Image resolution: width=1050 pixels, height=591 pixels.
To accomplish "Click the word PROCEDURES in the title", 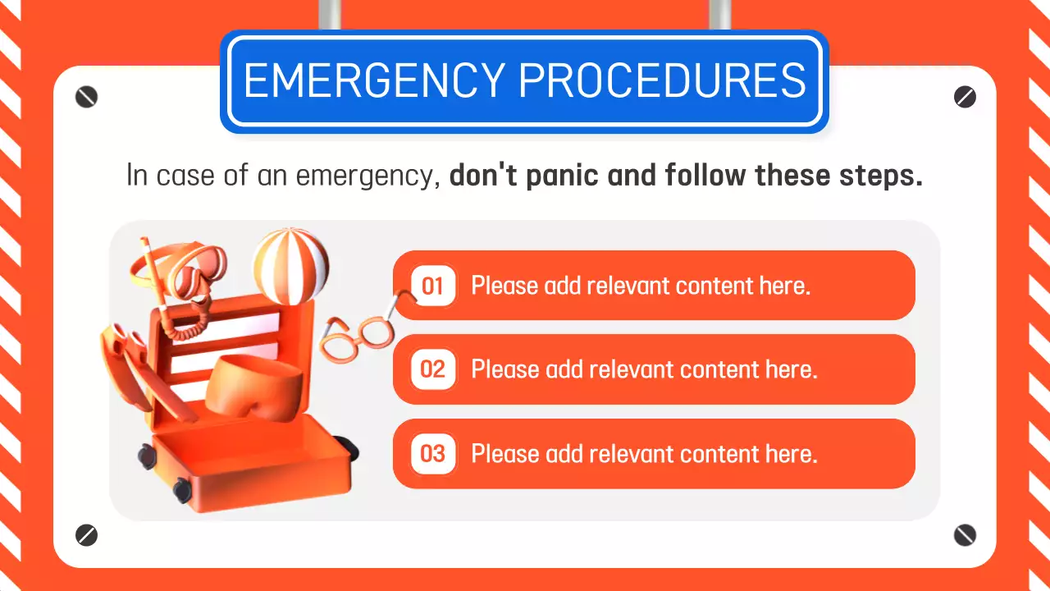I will coord(662,80).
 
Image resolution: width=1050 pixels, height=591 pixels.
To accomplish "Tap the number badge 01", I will coord(432,286).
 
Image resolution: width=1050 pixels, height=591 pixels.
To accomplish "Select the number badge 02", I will coord(432,369).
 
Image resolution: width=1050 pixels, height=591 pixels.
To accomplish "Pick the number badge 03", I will coord(432,453).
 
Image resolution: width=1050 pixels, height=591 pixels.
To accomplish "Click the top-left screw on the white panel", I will coord(86,97).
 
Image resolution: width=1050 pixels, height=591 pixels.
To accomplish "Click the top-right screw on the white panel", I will coord(965,97).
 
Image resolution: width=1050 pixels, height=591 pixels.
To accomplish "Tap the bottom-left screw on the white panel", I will coord(86,536).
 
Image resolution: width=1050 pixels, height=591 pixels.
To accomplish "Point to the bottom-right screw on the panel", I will coord(965,536).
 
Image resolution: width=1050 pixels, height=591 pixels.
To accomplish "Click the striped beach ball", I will coord(291,264).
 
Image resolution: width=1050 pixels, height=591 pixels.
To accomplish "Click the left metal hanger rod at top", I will coord(330,14).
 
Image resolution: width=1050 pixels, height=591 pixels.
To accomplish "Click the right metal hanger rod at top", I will coord(719,14).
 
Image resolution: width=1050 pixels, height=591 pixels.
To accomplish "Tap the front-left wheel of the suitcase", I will coord(181,490).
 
